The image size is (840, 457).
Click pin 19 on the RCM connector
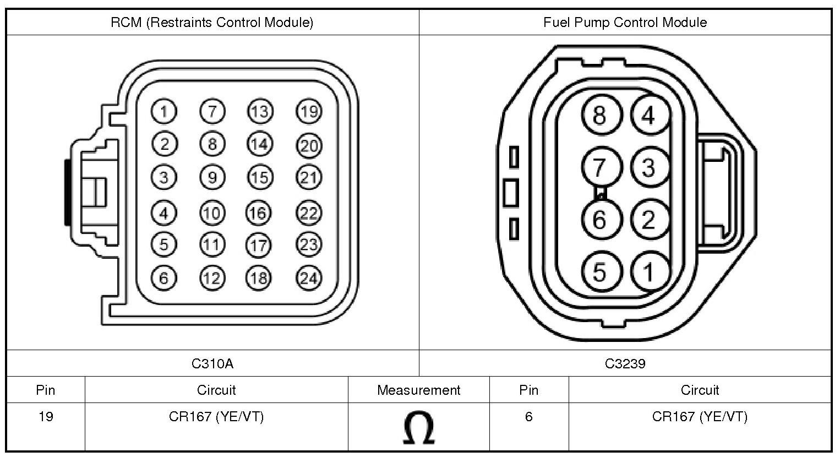point(309,112)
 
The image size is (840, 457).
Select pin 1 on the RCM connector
point(163,112)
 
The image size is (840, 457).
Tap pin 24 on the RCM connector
point(309,278)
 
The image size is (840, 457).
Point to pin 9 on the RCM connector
point(212,177)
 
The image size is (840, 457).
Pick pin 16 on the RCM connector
point(258,213)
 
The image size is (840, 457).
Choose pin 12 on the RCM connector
point(212,278)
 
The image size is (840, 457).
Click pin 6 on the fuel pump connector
point(600,220)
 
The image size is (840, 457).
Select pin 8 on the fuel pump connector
point(600,116)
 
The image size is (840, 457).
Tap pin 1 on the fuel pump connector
point(650,271)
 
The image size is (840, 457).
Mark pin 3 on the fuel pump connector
point(650,168)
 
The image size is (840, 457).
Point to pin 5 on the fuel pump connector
point(600,271)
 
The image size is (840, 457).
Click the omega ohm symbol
point(418,428)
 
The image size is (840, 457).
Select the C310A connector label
point(212,363)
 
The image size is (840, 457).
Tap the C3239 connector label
point(625,363)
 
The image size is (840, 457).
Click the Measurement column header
point(418,390)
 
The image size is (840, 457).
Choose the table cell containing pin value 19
point(46,417)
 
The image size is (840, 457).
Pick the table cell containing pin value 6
point(528,417)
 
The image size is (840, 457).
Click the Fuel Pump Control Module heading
point(625,23)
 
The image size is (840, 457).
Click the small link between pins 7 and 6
point(601,193)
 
